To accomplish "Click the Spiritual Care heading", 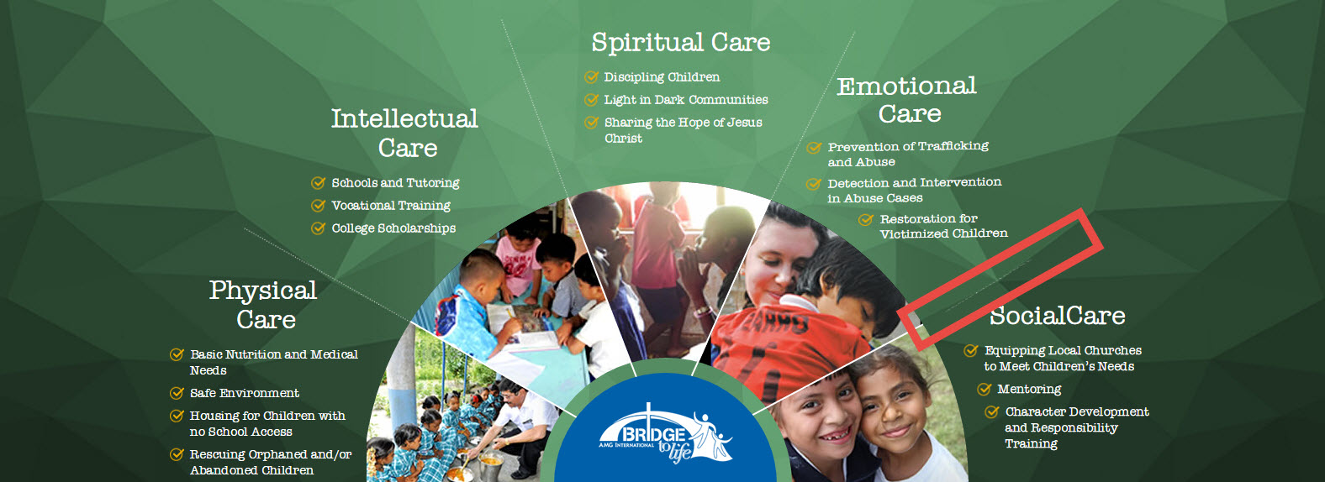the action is (681, 43).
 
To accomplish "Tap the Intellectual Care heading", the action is (405, 133).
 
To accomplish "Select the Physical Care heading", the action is (264, 305).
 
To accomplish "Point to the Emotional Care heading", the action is (907, 99).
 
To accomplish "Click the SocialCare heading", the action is (1058, 316).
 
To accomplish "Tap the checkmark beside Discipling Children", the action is (591, 77).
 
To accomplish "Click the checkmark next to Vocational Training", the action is (319, 206).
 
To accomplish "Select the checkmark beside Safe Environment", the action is (177, 393).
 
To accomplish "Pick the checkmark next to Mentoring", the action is (985, 390).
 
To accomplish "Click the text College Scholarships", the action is (393, 228).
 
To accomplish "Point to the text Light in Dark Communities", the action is (686, 100).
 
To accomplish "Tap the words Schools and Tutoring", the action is (395, 183).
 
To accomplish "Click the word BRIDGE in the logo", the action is (653, 435).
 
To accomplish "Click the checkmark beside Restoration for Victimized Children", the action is (866, 220).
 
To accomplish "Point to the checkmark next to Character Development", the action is (992, 411).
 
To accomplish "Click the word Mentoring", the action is (1029, 390).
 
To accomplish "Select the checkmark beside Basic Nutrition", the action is (177, 354).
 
